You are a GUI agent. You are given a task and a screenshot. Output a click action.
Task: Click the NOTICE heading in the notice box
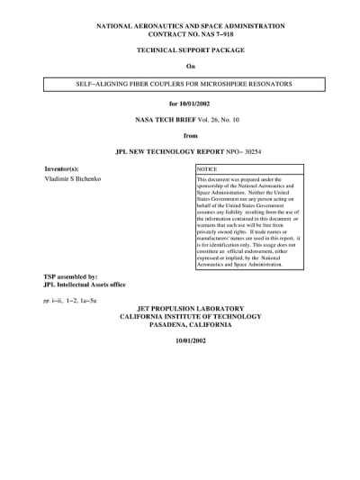point(208,169)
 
